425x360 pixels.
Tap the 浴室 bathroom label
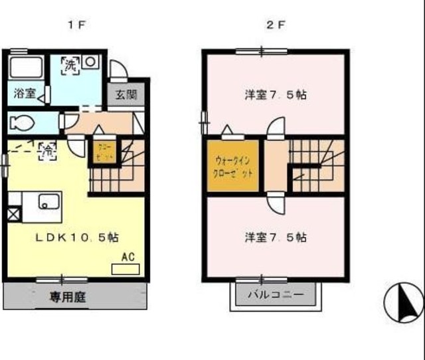[23, 94]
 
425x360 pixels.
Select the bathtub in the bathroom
[26, 69]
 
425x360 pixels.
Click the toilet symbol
[23, 123]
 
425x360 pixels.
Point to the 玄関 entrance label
[125, 94]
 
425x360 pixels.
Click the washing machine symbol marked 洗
[70, 65]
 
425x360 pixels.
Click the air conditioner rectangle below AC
[126, 269]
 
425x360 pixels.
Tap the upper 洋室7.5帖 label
[274, 94]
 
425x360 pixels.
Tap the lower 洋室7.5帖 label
[274, 236]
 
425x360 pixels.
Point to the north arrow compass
[403, 303]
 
